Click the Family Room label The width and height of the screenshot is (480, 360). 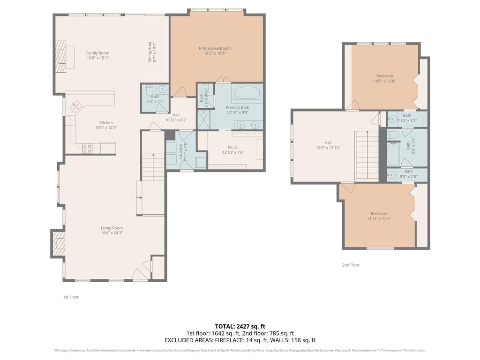click(97, 53)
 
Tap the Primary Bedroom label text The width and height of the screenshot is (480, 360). click(215, 48)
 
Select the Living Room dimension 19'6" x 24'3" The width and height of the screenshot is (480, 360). click(112, 233)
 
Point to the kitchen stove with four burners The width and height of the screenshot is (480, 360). click(87, 149)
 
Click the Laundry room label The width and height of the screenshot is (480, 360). click(181, 150)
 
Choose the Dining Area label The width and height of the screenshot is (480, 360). click(150, 52)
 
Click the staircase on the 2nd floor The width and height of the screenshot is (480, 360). click(367, 156)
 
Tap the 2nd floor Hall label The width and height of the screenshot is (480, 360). click(328, 142)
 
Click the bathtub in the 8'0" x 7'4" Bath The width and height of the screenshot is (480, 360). click(393, 154)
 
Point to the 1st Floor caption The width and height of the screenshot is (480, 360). click(71, 297)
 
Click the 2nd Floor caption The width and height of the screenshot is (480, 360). click(351, 265)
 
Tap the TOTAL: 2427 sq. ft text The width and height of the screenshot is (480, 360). click(240, 326)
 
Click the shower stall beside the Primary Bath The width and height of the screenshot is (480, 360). click(203, 119)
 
